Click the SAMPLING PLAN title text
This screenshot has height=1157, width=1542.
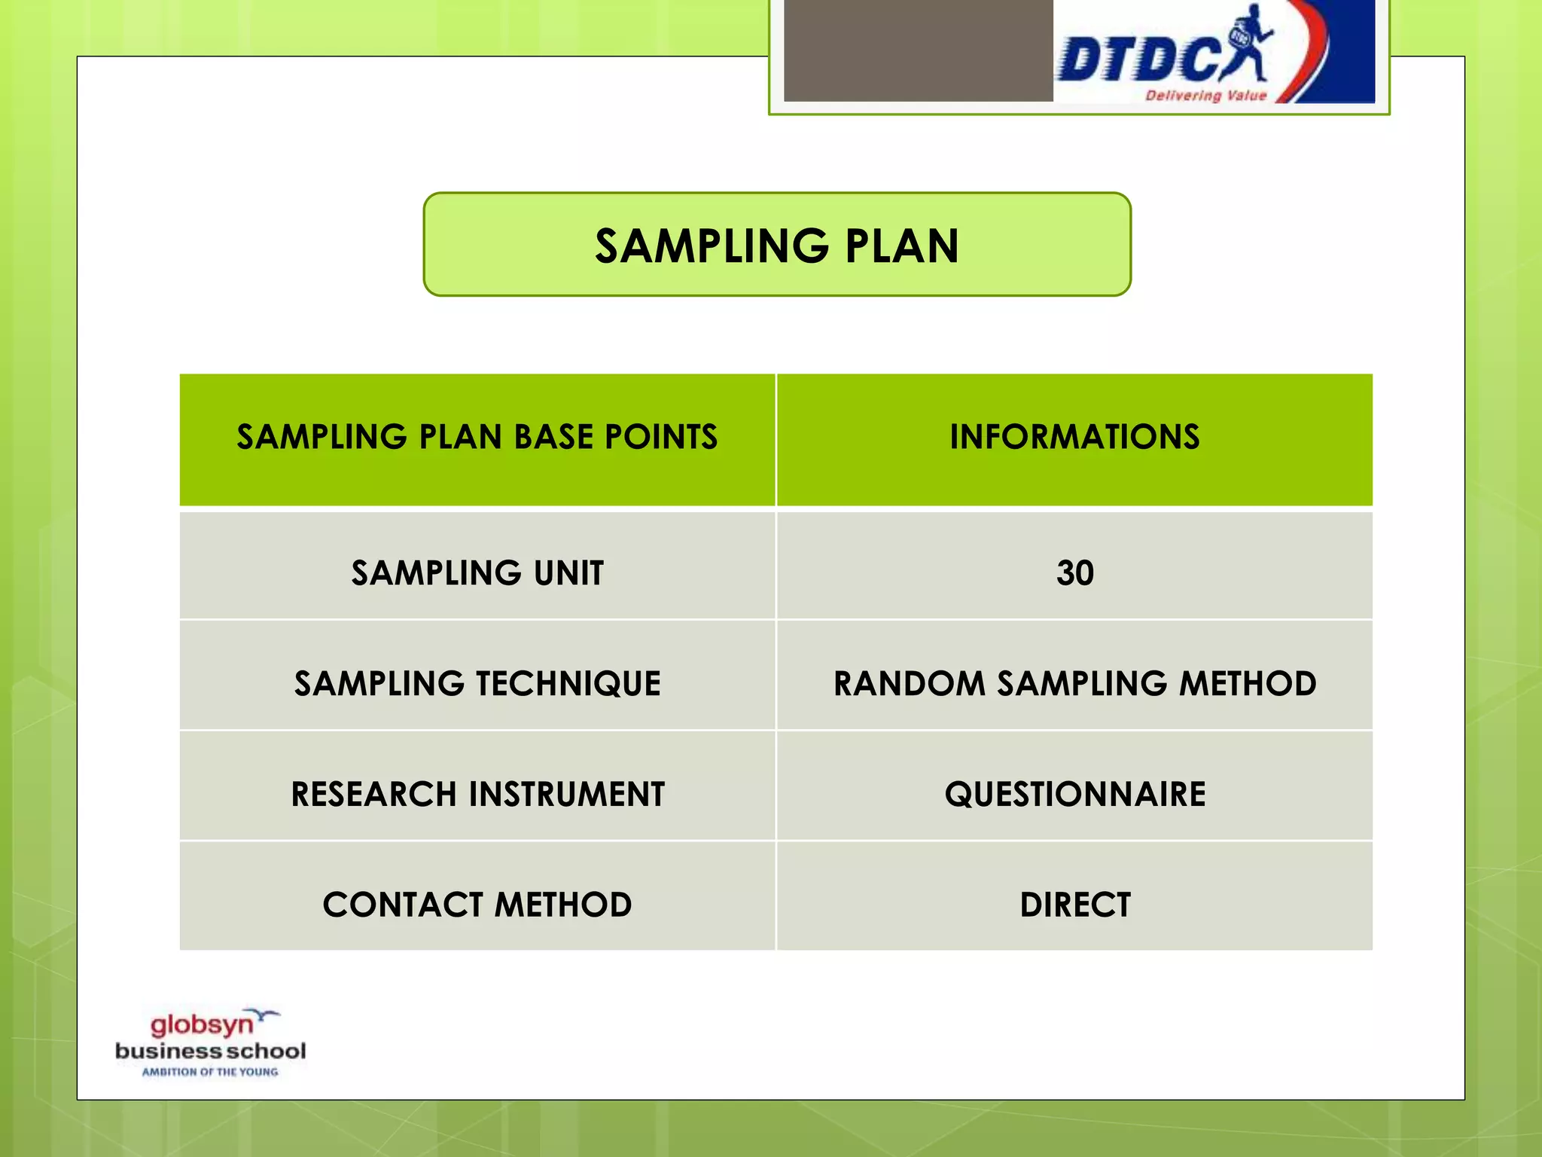(x=777, y=246)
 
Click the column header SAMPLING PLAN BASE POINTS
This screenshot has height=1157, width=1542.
(x=477, y=437)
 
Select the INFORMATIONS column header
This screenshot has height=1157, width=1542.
(x=1074, y=437)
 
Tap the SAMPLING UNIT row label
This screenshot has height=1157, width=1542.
(x=477, y=573)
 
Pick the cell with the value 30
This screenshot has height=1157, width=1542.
(x=1074, y=573)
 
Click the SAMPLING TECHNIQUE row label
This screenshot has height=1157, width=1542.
(x=477, y=684)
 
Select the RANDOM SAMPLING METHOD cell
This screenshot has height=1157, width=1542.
(x=1074, y=684)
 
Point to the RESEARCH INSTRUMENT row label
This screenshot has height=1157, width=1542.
(x=477, y=794)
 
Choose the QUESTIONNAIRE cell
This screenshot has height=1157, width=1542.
(x=1074, y=794)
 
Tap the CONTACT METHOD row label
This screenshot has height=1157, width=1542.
(x=477, y=905)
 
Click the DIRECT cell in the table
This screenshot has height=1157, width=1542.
(x=1074, y=905)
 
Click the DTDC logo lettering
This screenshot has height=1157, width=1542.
(x=1137, y=60)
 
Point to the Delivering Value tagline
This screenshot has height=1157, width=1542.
(x=1205, y=96)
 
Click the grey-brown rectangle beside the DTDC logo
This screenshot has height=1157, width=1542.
(x=918, y=50)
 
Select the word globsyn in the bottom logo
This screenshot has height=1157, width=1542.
(x=201, y=1025)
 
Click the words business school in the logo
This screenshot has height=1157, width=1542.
(x=210, y=1051)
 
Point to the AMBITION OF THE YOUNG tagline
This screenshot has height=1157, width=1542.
(x=210, y=1072)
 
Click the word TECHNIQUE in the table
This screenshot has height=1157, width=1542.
(x=568, y=684)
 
